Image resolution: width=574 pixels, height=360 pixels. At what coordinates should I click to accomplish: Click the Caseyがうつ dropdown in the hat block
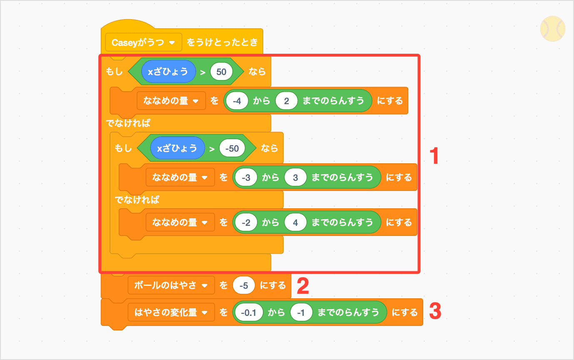point(144,42)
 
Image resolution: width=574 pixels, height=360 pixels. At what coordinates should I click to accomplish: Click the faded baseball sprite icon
point(552,29)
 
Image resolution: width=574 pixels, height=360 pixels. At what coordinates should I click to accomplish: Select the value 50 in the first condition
point(221,72)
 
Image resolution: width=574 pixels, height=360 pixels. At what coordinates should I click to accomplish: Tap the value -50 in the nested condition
point(232,148)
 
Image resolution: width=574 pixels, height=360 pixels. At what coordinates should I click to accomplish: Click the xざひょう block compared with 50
point(168,72)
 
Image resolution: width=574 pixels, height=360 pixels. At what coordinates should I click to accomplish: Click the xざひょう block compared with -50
point(177,148)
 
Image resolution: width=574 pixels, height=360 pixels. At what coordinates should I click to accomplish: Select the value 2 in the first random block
point(286,100)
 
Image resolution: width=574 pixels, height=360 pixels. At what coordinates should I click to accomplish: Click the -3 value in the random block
point(246,177)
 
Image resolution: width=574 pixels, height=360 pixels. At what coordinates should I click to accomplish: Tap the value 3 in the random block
point(295,177)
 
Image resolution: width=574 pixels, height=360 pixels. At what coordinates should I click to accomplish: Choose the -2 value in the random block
point(246,222)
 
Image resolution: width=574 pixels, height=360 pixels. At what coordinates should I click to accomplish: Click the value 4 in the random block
point(295,222)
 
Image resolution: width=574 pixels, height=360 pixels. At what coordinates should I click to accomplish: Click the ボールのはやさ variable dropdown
point(171,285)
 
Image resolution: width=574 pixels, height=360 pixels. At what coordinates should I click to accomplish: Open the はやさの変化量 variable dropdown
point(171,312)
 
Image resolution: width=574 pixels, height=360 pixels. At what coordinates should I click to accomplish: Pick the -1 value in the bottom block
point(301,312)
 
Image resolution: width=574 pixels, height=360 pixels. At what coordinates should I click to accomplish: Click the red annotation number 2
point(302,287)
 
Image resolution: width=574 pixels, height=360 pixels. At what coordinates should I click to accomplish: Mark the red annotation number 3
point(435,312)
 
